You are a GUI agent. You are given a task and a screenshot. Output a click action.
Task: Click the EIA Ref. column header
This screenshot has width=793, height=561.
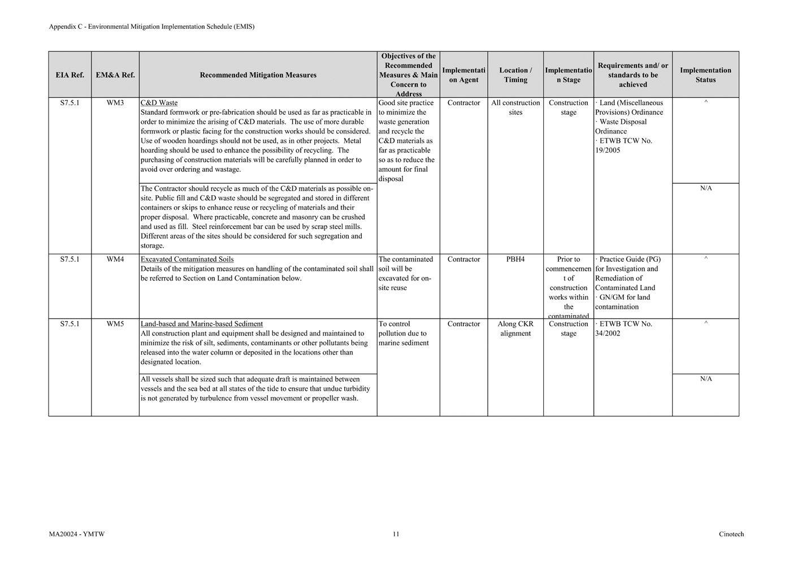[70, 75]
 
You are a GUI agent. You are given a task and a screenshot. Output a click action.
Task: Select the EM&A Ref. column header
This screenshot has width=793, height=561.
[115, 75]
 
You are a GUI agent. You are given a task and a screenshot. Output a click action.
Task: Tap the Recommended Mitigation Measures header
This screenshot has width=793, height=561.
[258, 75]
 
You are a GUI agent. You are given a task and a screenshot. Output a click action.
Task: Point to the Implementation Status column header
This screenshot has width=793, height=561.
[705, 75]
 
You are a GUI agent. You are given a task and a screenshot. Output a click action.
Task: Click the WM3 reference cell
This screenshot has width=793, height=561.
[115, 103]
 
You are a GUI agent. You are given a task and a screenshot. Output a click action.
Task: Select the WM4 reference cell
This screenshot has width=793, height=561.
[115, 260]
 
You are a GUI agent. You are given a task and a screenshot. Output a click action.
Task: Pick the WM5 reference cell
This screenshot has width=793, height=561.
[115, 324]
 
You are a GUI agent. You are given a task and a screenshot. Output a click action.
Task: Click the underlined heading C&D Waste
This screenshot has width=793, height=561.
[159, 103]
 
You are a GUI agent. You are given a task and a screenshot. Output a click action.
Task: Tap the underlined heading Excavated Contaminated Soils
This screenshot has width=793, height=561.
[187, 260]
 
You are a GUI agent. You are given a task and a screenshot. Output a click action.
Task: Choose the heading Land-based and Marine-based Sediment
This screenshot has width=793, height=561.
[202, 324]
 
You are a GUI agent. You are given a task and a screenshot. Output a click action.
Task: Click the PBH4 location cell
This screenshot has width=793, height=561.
[515, 260]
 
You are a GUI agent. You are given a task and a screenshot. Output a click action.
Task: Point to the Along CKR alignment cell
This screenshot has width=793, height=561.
[515, 329]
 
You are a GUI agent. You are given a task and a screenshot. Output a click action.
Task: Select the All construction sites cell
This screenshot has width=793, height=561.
[515, 107]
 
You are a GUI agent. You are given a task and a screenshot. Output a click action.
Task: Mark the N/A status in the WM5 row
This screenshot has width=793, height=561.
[706, 379]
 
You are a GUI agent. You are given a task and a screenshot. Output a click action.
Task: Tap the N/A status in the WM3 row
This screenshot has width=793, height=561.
[706, 188]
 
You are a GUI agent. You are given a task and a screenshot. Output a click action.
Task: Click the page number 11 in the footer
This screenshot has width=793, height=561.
[396, 534]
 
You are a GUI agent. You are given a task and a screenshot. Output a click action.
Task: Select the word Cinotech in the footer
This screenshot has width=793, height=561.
[731, 534]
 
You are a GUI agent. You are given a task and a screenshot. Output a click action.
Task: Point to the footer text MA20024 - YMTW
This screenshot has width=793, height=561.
[77, 534]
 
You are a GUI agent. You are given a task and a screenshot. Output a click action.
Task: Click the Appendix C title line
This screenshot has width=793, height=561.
[151, 27]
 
